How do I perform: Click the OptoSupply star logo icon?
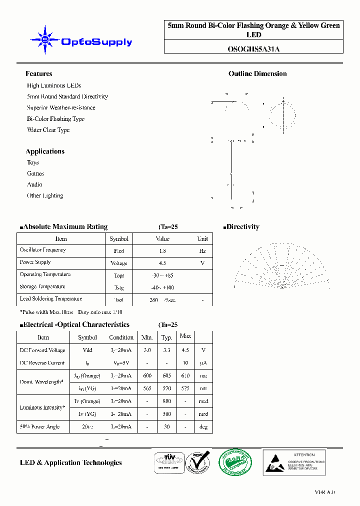pos(45,39)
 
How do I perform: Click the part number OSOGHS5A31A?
pos(253,49)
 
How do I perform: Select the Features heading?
pos(38,74)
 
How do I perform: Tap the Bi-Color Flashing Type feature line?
pos(55,119)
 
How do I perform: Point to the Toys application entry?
pos(33,162)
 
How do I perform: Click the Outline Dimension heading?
pos(257,74)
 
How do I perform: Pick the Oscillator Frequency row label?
pos(42,250)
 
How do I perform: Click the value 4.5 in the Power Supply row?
pos(162,263)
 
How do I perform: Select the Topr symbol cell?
pos(119,275)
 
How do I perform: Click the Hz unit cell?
pos(202,251)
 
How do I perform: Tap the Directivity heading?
pos(242,227)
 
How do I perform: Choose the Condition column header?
pos(121,337)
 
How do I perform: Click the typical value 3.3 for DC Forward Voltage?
pos(166,350)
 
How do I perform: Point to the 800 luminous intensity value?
pos(166,401)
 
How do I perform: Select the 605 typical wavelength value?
pos(166,375)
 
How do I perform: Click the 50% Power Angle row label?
pos(39,426)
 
